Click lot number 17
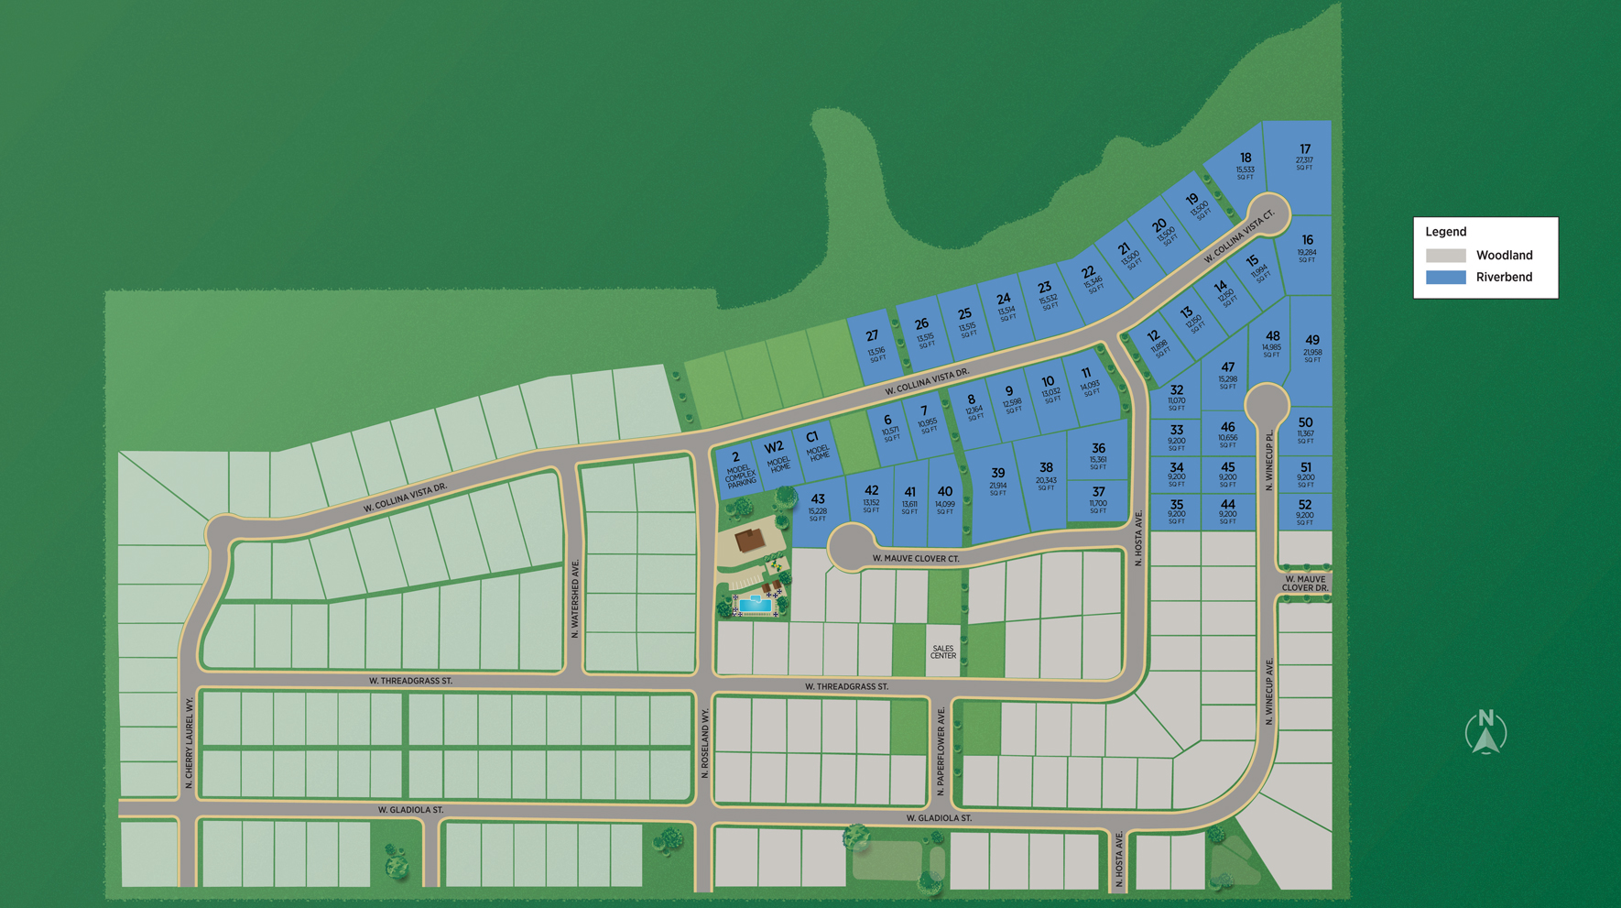(x=1304, y=156)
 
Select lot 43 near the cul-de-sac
(x=817, y=506)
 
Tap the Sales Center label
(x=942, y=651)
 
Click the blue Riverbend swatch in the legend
(x=1445, y=277)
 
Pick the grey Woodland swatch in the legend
(x=1445, y=256)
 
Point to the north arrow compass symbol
(x=1485, y=732)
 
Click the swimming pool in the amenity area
(x=755, y=605)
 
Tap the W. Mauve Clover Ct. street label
(x=915, y=558)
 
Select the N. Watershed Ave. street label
(x=575, y=598)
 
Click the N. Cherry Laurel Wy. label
(x=189, y=742)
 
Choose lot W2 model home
(x=775, y=454)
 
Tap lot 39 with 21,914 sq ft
(x=997, y=480)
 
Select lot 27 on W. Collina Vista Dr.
(x=874, y=345)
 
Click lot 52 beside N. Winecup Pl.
(x=1305, y=511)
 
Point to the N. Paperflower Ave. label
(x=941, y=744)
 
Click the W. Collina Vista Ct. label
(x=1238, y=237)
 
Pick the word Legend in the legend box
(x=1445, y=232)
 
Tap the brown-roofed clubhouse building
(x=750, y=539)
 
